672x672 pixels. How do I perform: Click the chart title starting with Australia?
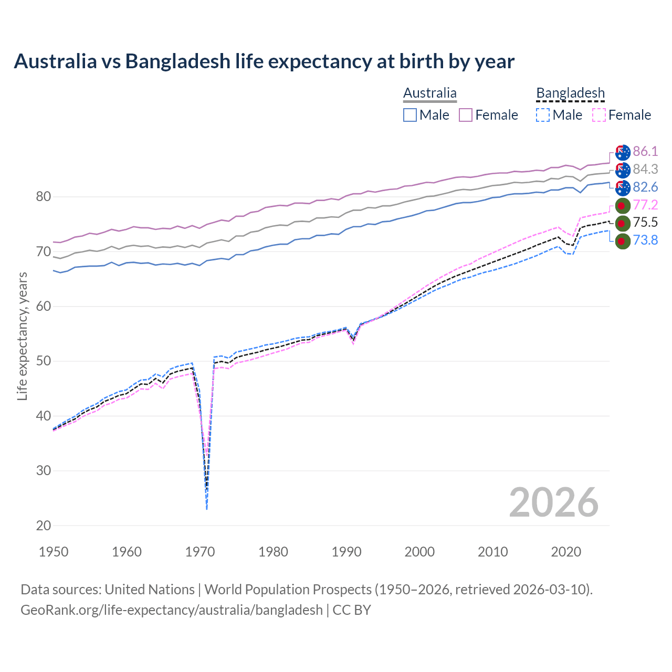click(264, 61)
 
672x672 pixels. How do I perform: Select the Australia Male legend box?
click(410, 115)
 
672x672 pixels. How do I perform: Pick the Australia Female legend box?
click(466, 115)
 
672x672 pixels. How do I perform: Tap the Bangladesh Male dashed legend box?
click(543, 115)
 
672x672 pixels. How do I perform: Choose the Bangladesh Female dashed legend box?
click(599, 115)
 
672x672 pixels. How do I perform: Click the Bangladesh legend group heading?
click(570, 93)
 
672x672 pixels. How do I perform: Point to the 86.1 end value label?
click(645, 152)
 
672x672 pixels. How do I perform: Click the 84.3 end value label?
click(645, 170)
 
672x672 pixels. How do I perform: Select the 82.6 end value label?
click(645, 187)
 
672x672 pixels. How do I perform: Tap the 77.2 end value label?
click(645, 205)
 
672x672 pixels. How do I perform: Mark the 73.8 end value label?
click(645, 240)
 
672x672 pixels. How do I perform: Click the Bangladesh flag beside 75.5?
click(622, 223)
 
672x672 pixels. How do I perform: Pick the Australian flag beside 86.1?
click(623, 152)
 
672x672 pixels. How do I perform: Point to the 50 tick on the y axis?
click(44, 361)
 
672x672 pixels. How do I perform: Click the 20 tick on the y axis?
click(44, 526)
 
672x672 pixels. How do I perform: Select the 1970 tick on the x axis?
click(200, 552)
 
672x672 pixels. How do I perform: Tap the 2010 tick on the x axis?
click(492, 552)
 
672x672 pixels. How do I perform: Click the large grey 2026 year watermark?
click(554, 502)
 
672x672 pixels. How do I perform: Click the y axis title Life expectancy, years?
click(23, 336)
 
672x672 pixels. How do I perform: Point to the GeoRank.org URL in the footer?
click(172, 610)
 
